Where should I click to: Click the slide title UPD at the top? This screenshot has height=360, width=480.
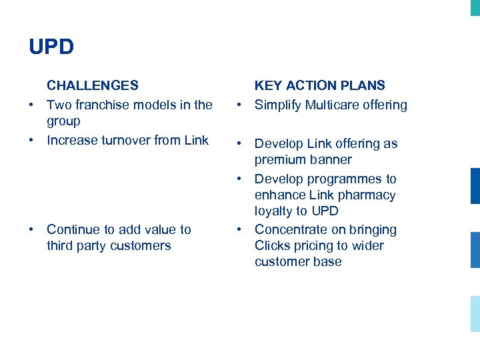point(51,47)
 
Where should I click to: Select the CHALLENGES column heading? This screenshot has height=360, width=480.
point(93,85)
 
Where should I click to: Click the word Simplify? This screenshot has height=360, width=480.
point(278,105)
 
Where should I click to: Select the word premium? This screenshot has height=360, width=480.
point(281,160)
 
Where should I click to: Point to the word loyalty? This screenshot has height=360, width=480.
point(273,211)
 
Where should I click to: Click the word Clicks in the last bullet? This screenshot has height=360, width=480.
point(272,245)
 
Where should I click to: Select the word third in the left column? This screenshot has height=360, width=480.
point(61,245)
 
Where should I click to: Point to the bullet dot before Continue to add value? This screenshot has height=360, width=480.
point(31,230)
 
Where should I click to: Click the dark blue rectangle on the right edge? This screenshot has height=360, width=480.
point(475,186)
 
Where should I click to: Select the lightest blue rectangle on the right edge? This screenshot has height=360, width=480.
point(475,314)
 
